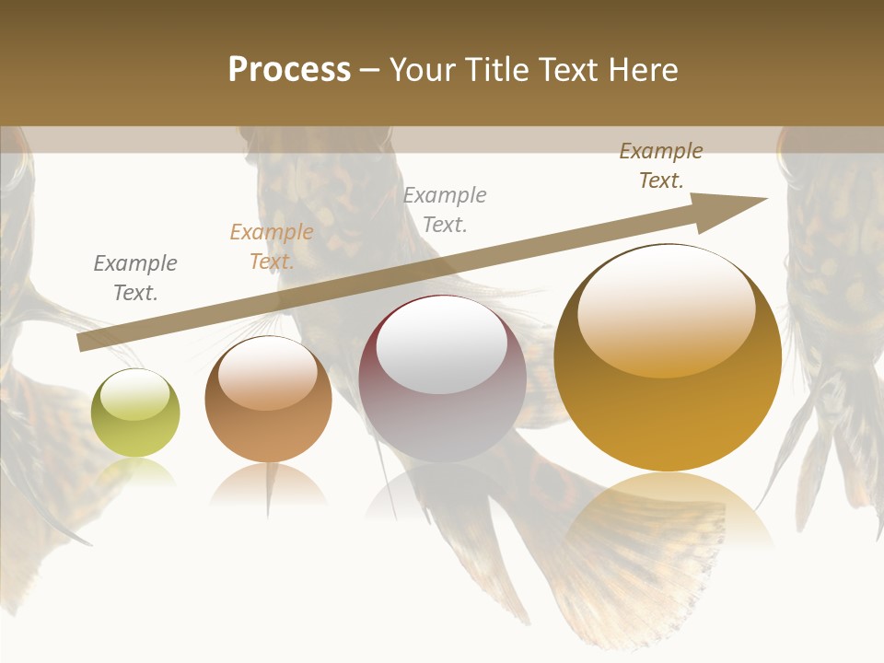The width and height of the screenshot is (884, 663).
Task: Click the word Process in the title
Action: [289, 70]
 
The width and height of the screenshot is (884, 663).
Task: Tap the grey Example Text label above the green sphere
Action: [135, 278]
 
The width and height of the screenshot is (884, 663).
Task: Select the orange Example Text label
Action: [272, 247]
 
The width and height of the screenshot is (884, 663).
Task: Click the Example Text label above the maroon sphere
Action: [445, 209]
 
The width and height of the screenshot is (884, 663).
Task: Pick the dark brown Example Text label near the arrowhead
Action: [661, 166]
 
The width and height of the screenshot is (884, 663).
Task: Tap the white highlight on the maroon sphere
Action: [442, 345]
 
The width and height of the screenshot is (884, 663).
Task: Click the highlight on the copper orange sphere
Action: [268, 374]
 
